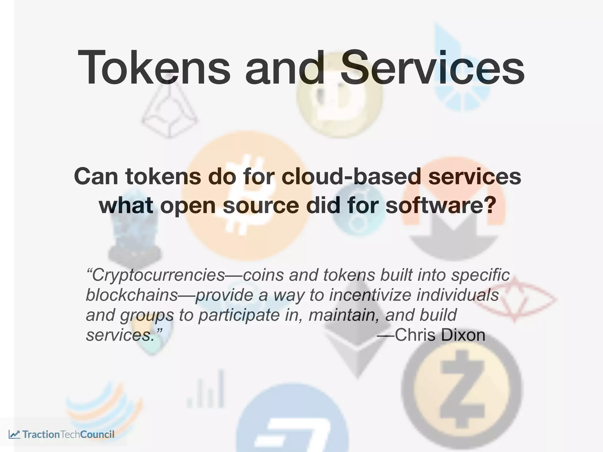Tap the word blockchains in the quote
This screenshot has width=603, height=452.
[132, 295]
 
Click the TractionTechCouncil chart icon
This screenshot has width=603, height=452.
[14, 434]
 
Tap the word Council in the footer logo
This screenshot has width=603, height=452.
[97, 434]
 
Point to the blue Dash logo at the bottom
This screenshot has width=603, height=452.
[291, 427]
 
